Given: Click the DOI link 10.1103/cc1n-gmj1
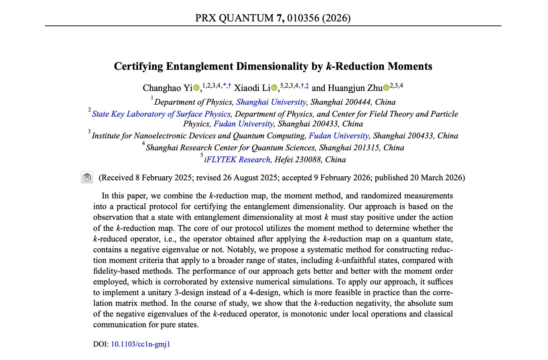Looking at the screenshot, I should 140,344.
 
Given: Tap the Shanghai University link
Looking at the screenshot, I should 271,102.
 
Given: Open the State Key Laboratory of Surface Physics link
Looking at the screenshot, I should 161,114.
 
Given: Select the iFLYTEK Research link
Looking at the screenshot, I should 237,159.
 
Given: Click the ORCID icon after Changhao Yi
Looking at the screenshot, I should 196,88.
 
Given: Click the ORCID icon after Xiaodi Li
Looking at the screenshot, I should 274,88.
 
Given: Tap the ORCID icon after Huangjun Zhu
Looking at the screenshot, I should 386,88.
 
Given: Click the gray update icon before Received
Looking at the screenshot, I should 87,178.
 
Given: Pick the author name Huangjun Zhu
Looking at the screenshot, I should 355,88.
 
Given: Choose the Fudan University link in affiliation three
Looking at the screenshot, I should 339,136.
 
